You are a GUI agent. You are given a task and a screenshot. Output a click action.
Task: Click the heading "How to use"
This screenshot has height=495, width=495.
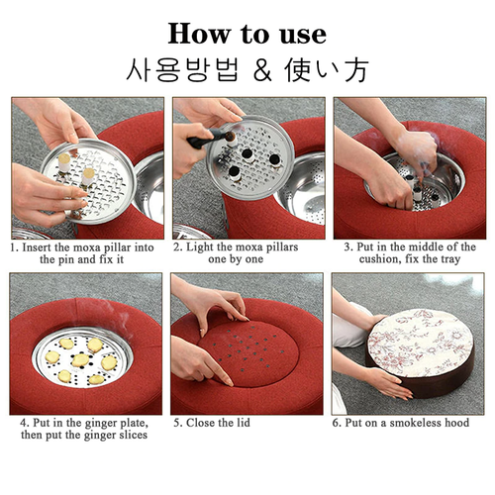247,32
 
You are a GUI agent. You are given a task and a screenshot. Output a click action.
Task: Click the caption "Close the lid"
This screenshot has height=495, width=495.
214,423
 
